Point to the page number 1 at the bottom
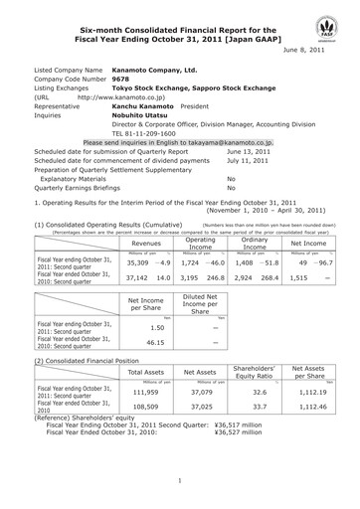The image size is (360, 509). [x=180, y=480]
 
